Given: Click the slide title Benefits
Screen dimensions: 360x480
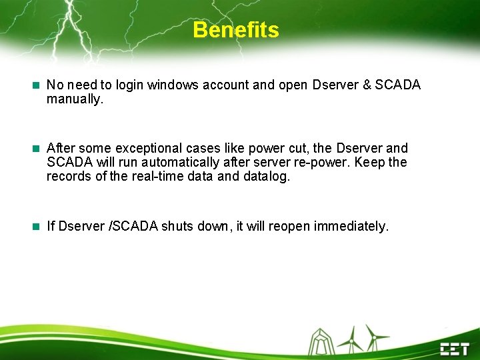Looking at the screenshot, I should (x=236, y=30).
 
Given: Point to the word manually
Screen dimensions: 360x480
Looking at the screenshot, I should (x=75, y=99).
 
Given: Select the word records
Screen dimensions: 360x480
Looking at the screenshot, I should (x=68, y=177).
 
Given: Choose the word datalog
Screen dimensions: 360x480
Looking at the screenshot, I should (x=267, y=177).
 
